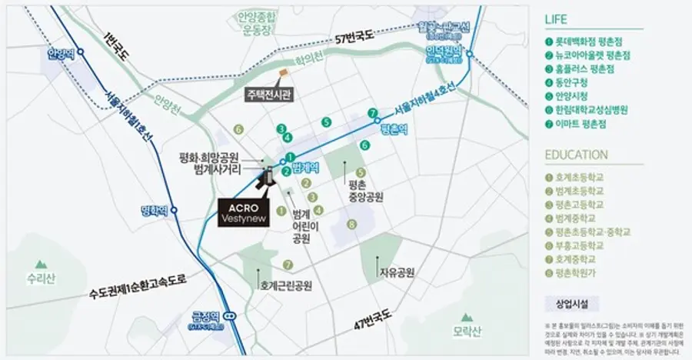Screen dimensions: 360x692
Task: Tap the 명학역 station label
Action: (x=155, y=210)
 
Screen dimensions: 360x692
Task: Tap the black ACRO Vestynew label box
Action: (x=243, y=212)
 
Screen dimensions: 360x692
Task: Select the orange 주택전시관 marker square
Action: (x=283, y=73)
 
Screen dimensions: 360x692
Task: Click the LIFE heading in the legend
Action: (x=557, y=20)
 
